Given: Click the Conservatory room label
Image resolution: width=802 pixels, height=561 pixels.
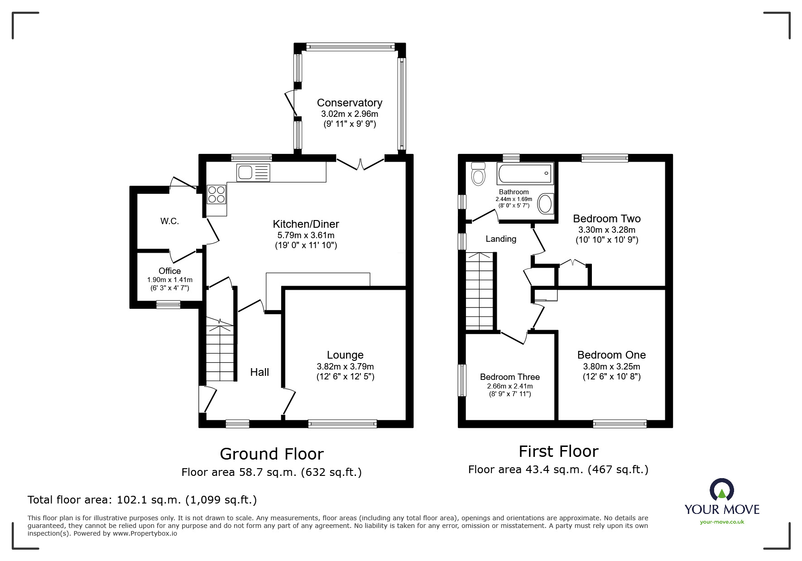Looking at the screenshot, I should [349, 103].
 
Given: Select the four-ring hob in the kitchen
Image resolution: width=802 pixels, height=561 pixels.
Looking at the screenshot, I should [216, 194].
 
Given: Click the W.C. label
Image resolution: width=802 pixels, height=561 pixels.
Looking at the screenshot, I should [169, 221].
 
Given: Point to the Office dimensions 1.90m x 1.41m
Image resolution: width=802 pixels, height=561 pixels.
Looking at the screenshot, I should [169, 280].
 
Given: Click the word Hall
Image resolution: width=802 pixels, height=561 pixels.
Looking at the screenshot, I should [259, 372].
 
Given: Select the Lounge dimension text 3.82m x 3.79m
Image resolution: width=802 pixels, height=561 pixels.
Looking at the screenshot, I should [345, 367].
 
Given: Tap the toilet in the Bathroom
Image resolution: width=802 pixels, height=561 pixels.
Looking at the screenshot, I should [478, 174].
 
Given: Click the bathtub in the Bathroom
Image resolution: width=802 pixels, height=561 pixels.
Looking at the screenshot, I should [525, 173].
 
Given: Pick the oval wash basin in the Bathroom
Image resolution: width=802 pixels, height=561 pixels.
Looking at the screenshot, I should [545, 204].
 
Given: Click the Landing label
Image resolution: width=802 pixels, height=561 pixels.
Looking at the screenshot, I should [501, 239].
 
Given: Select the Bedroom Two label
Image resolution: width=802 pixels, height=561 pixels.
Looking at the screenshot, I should [606, 219].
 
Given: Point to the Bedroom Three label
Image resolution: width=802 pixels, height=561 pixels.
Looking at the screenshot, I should [509, 377].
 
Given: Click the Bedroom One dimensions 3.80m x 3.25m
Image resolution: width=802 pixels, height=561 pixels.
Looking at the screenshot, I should [611, 367].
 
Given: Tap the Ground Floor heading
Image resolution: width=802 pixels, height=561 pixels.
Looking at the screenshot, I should [272, 454].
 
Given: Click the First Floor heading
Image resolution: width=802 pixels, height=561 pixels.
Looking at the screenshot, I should [558, 451].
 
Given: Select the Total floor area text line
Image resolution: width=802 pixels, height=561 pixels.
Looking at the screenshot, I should [142, 500].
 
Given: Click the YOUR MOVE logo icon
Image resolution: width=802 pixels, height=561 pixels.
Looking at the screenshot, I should [721, 490].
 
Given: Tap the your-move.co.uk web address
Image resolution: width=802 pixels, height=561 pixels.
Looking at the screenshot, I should [722, 522].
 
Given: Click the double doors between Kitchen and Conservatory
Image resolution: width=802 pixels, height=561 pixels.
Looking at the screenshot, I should [360, 163].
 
